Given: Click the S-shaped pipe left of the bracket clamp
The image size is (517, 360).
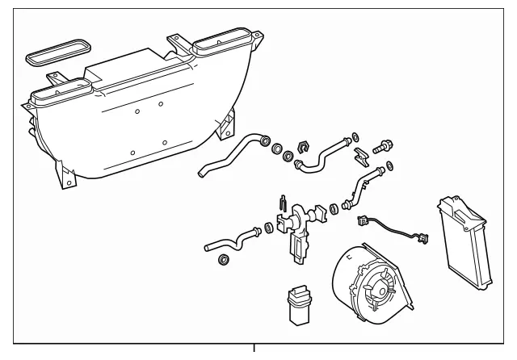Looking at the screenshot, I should coord(323,155).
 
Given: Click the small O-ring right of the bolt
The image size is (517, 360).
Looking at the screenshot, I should coord(391,166).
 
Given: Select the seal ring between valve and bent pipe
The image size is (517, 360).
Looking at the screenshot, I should coord(333,210).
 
